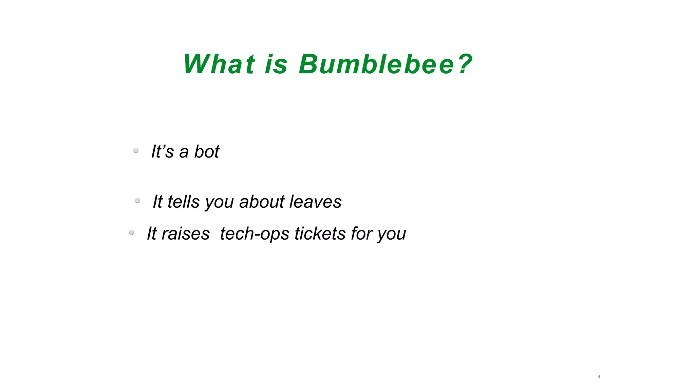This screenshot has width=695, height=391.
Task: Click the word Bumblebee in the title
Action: point(377,64)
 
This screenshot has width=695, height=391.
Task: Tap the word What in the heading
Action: point(219,64)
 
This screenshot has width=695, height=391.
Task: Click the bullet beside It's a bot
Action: point(136,150)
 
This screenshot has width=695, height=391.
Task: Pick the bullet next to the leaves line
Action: point(137,201)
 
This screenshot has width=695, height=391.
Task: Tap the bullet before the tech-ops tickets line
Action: point(132,232)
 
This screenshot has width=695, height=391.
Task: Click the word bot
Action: point(207,151)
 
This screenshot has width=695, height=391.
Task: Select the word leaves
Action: point(315,202)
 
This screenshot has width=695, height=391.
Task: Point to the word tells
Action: point(183,202)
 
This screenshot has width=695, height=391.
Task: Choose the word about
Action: point(262,202)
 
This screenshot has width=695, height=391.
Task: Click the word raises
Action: point(185,234)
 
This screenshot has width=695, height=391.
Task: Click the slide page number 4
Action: point(599,376)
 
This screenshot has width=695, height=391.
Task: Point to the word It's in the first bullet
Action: point(162,151)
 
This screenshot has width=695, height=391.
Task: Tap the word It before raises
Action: point(151,234)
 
